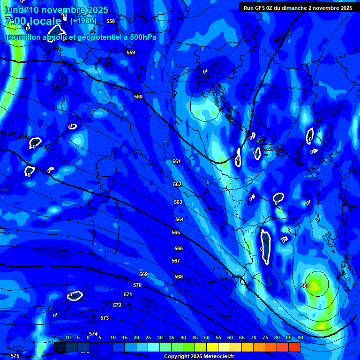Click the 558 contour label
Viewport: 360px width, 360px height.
pos(111,21)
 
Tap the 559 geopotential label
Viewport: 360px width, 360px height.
pos(131,52)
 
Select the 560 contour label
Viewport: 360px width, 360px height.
pos(138,97)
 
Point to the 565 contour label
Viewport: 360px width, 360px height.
pos(176,232)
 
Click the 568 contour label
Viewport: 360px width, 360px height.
pos(179,277)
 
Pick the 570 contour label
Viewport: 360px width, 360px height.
pos(137,285)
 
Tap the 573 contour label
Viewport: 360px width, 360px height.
pos(105,318)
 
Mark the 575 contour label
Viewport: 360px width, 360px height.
pos(15,356)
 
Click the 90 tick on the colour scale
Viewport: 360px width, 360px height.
pos(300,338)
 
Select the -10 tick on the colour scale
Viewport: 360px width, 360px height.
pos(67,338)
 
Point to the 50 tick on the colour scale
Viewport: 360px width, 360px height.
pos(207,338)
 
